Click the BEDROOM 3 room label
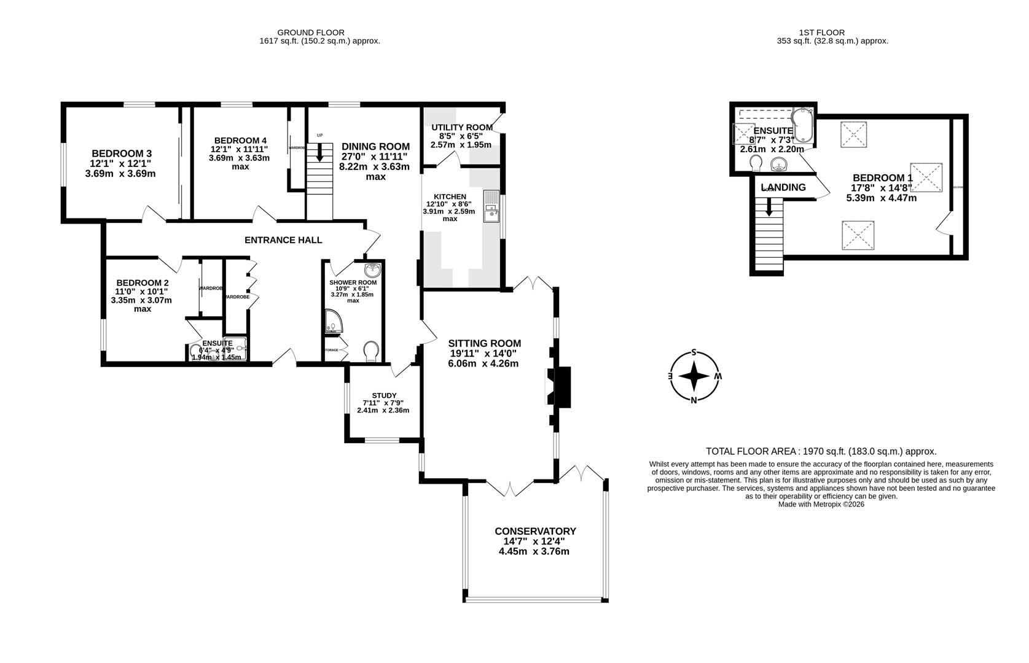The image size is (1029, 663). [x=122, y=153]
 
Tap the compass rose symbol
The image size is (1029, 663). [x=694, y=376]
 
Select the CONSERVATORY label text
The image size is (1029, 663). [x=535, y=531]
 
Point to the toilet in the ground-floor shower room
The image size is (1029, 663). [x=371, y=352]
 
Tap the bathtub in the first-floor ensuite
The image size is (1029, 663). [x=804, y=124]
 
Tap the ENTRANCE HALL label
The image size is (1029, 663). [x=283, y=240]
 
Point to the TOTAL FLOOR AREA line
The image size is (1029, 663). [x=821, y=451]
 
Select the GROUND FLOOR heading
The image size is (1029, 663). [x=311, y=33]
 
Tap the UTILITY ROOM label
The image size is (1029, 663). [x=461, y=128]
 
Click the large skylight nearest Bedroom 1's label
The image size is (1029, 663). [x=926, y=177]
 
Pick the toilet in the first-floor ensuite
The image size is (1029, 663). [x=756, y=163]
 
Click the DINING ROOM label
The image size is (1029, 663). [x=375, y=146]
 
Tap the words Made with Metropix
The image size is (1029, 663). [x=821, y=504]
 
